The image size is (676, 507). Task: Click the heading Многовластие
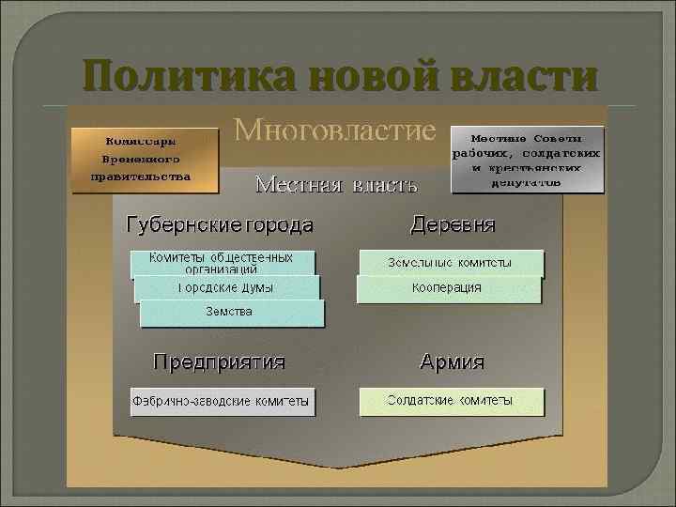pyautogui.click(x=335, y=130)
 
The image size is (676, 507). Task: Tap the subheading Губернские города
pyautogui.click(x=221, y=226)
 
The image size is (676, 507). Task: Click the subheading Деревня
pyautogui.click(x=453, y=226)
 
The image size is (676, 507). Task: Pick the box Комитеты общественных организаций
pyautogui.click(x=222, y=262)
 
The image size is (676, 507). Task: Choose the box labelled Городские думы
pyautogui.click(x=227, y=287)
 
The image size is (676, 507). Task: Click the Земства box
pyautogui.click(x=231, y=313)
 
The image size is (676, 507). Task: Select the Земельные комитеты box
pyautogui.click(x=450, y=263)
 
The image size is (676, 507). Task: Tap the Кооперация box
pyautogui.click(x=449, y=288)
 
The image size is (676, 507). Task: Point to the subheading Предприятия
pyautogui.click(x=220, y=362)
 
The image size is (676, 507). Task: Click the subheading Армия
pyautogui.click(x=452, y=362)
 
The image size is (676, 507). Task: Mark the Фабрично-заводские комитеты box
pyautogui.click(x=222, y=402)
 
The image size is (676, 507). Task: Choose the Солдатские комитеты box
pyautogui.click(x=450, y=401)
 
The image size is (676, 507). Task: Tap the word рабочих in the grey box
pyautogui.click(x=485, y=152)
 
